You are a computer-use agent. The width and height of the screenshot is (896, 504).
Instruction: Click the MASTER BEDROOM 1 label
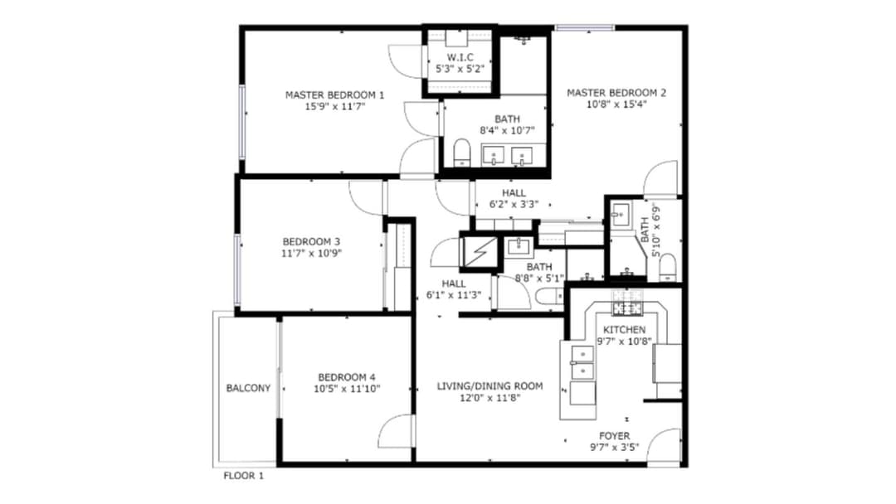[335, 94]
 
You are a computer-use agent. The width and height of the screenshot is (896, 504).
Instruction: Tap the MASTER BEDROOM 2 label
[616, 93]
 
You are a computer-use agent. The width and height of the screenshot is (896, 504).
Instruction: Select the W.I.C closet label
[460, 58]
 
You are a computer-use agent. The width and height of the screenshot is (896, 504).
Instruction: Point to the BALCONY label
[248, 388]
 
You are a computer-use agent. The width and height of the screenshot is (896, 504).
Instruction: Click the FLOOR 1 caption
[243, 476]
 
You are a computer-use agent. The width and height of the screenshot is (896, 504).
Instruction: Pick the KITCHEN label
[624, 330]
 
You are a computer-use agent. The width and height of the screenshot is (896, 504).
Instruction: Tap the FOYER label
[614, 435]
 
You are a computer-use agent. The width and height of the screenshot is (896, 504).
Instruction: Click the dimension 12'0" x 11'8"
[489, 398]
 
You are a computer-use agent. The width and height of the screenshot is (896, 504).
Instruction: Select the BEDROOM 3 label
[311, 241]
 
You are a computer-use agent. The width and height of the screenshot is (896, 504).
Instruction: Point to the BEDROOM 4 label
[347, 377]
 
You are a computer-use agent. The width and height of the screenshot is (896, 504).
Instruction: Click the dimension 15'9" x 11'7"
[335, 106]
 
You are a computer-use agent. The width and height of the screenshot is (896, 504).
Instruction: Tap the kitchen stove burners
[627, 308]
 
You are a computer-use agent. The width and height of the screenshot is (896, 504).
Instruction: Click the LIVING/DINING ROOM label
[489, 386]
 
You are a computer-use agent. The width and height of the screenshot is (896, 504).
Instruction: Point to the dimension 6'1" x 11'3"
[454, 295]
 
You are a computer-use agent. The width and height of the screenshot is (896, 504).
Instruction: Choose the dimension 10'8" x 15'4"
[616, 104]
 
